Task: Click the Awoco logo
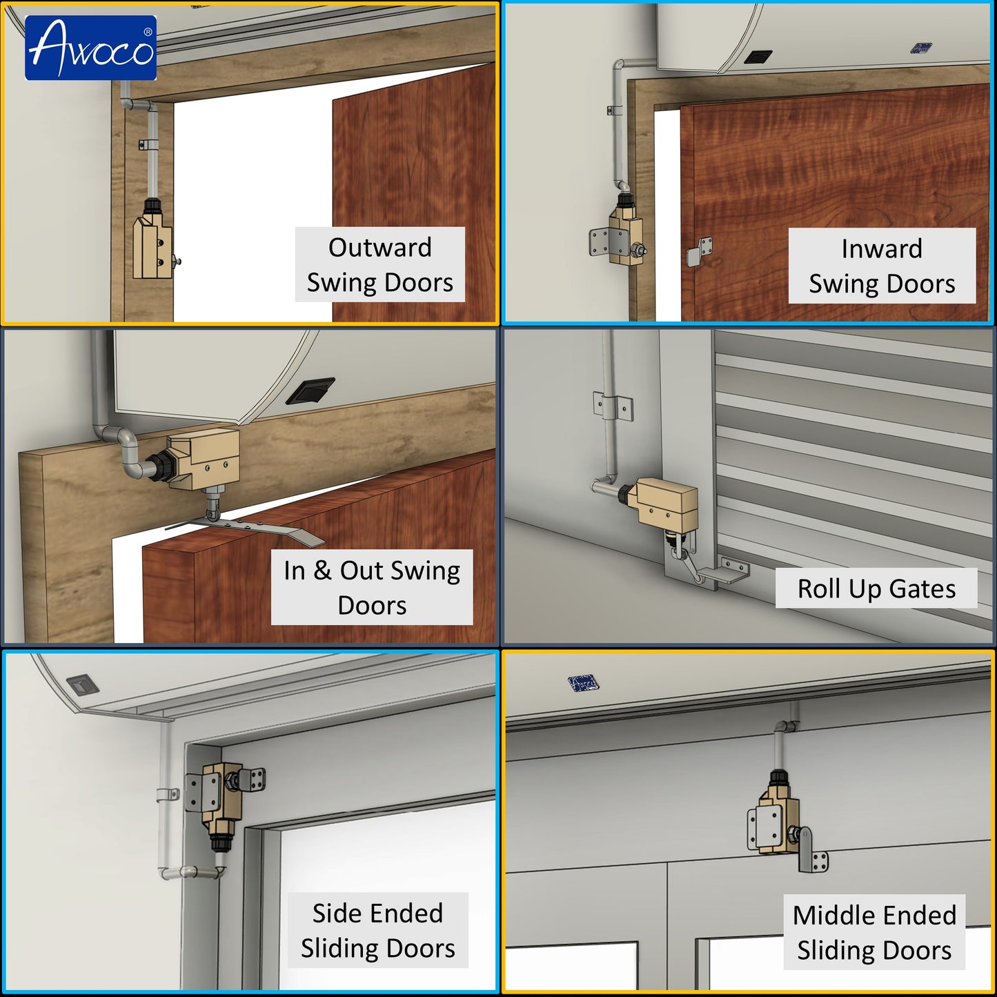point(90,48)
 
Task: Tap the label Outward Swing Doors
point(379,264)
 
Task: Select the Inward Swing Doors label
point(882,266)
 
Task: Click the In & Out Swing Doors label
point(371,587)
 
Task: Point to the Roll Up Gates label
point(876,589)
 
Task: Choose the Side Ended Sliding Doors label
point(377,930)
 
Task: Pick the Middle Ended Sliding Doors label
point(874,932)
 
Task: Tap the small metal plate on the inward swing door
point(698,251)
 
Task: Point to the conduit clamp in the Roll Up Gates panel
point(613,406)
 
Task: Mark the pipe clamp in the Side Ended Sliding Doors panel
point(168,794)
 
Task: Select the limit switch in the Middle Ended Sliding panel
point(781,818)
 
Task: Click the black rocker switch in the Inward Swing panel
point(758,57)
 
